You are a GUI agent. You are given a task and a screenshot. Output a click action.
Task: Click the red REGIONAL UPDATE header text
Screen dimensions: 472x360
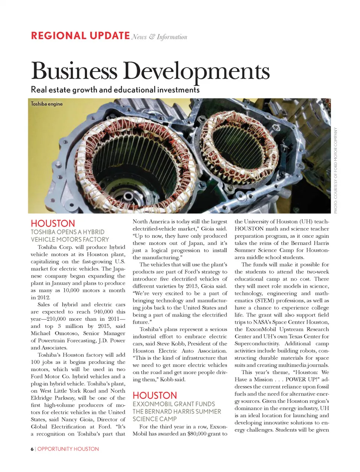(x=80, y=36)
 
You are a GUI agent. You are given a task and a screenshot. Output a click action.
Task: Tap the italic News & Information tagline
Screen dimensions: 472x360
(x=159, y=37)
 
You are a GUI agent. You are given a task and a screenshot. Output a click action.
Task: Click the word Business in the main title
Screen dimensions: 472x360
(x=74, y=71)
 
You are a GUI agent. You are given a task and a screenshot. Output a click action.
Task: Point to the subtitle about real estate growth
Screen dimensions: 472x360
(x=115, y=90)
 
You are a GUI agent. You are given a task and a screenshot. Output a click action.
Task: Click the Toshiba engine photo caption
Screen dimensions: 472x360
(x=46, y=104)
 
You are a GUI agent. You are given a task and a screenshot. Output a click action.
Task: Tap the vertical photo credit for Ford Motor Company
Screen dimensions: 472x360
(x=336, y=170)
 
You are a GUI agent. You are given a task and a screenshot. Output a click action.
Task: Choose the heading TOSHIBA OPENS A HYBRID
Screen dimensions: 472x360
(x=67, y=232)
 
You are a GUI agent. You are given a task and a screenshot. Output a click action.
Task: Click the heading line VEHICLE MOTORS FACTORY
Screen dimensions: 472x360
(x=70, y=239)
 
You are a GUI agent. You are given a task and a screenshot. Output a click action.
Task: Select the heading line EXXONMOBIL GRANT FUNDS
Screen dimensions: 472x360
(x=174, y=404)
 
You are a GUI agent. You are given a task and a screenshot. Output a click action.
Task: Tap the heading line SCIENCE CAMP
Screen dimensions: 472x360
(x=154, y=419)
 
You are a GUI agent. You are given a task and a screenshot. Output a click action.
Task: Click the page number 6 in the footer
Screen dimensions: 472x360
(x=32, y=449)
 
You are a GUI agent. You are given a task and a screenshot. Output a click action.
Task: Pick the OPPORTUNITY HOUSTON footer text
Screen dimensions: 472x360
(x=68, y=449)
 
